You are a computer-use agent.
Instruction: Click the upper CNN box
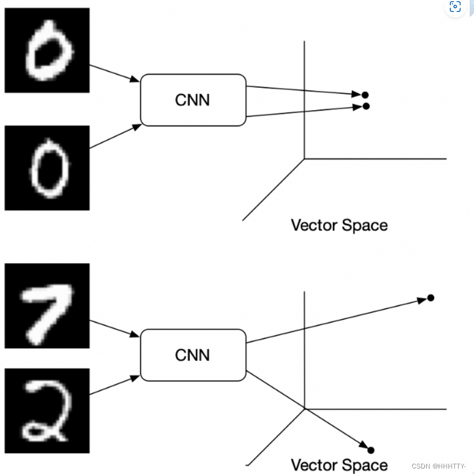coord(193,100)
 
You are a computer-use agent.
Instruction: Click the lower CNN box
coord(193,355)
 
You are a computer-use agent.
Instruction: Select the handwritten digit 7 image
coord(47,305)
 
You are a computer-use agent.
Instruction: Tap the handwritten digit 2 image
coord(47,411)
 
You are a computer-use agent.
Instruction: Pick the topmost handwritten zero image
coord(47,50)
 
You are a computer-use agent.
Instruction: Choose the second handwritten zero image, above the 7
coord(47,168)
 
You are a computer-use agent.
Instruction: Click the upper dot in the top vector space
coord(365,95)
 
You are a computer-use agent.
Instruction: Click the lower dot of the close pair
coord(366,106)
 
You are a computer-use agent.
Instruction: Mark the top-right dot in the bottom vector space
coord(430,297)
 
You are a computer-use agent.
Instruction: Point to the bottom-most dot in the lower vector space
coord(371,450)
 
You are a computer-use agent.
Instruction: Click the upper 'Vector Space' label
coord(339,225)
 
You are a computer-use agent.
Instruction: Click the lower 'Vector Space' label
coord(339,465)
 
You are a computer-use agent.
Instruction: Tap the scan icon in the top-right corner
coord(455,7)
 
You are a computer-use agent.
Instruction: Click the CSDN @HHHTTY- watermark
coord(439,466)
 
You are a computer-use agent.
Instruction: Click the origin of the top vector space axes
coord(304,159)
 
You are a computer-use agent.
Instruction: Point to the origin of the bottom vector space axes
coord(304,408)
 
